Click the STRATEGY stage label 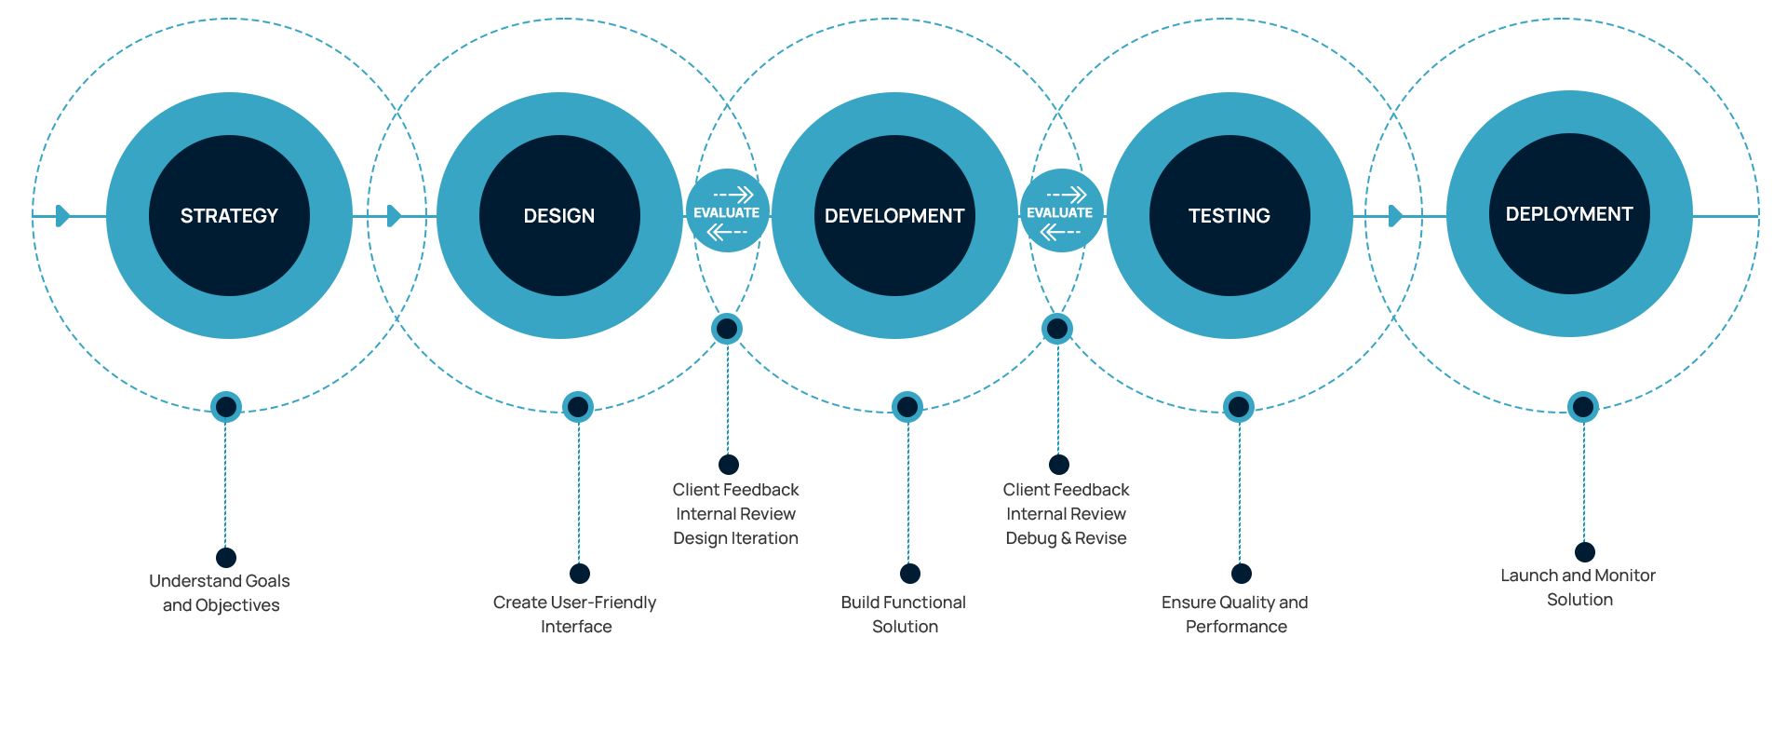point(229,216)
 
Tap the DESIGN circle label point(559,216)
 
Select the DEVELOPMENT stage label point(894,216)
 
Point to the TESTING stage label point(1229,216)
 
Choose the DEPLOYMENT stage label point(1569,214)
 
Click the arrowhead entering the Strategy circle point(62,216)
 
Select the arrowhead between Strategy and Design point(394,216)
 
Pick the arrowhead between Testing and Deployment point(1394,216)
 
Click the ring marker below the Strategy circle point(226,407)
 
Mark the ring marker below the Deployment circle point(1583,407)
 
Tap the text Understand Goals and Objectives point(221,593)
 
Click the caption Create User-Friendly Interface point(575,615)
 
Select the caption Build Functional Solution point(904,615)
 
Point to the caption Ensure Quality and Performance point(1235,615)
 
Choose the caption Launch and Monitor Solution point(1579,588)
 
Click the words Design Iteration point(736,538)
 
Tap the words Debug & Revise point(1066,538)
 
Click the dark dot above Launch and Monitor point(1585,552)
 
